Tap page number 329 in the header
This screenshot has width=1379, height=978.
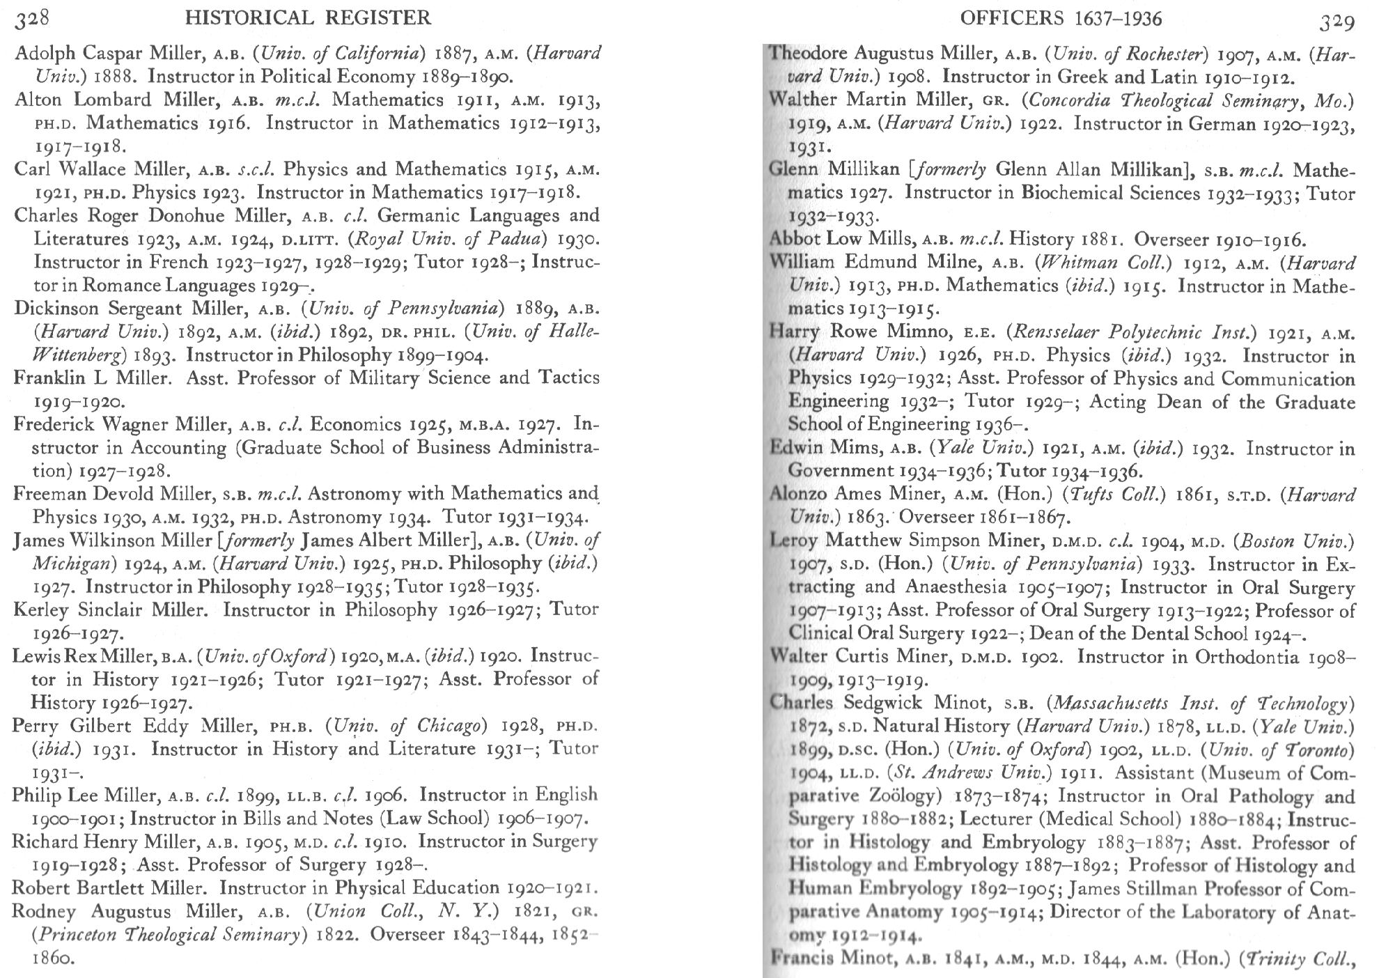click(1337, 22)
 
